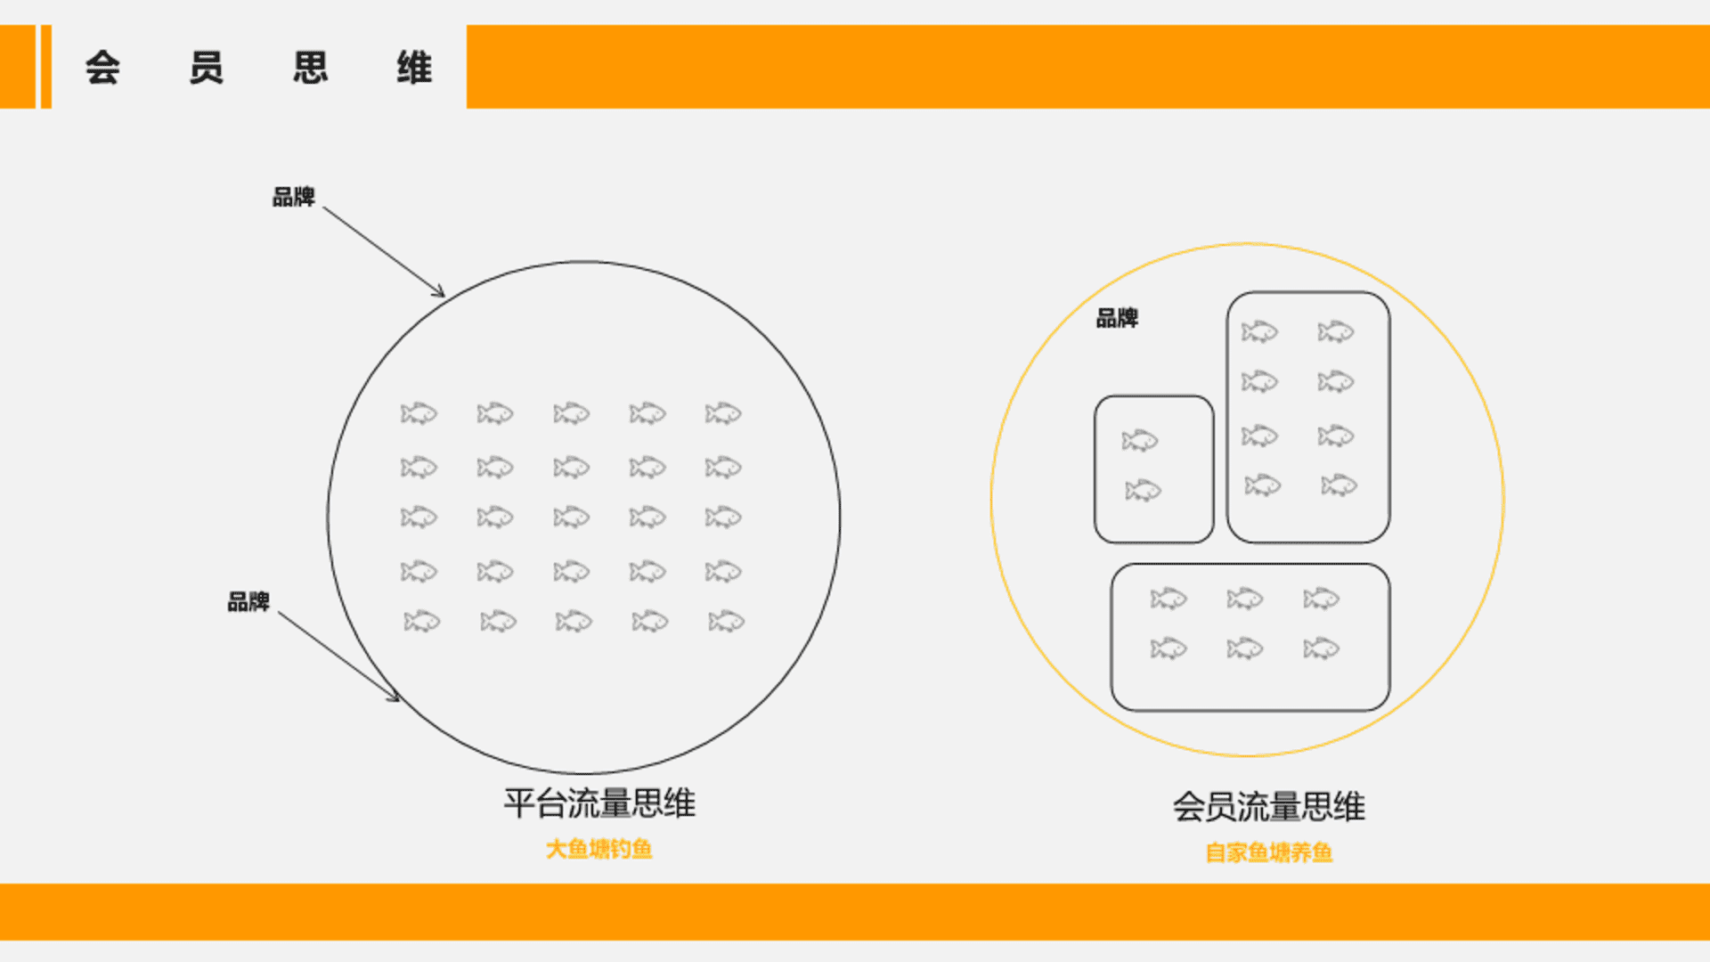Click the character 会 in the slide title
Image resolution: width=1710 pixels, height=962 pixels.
(x=102, y=68)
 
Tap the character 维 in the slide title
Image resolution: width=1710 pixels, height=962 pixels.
(x=414, y=68)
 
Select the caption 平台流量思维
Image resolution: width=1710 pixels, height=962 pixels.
(x=599, y=803)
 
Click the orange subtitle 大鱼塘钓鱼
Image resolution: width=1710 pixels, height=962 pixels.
(x=599, y=849)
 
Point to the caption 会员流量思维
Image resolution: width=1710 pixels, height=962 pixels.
(x=1268, y=807)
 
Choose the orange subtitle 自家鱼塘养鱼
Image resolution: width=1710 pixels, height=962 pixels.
(x=1269, y=852)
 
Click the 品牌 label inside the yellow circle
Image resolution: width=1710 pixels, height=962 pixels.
(x=1117, y=318)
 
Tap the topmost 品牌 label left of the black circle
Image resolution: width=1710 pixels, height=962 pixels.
(x=294, y=197)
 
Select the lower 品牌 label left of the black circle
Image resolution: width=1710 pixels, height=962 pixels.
(x=248, y=602)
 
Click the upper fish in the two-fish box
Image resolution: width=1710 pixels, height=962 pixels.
(x=1140, y=440)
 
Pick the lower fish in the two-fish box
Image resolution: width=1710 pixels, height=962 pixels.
(x=1144, y=490)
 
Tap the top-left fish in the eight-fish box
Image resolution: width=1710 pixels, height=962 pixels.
(x=1259, y=332)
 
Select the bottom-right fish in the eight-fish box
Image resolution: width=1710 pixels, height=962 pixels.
(x=1339, y=485)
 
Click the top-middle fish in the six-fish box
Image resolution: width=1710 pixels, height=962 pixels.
(x=1245, y=599)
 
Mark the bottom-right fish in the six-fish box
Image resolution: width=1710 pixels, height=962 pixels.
(x=1322, y=648)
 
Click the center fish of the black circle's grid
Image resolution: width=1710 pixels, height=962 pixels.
(x=571, y=518)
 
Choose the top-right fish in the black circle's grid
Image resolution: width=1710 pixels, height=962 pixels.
(x=723, y=413)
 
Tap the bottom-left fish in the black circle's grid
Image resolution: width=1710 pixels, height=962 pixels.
(x=422, y=621)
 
